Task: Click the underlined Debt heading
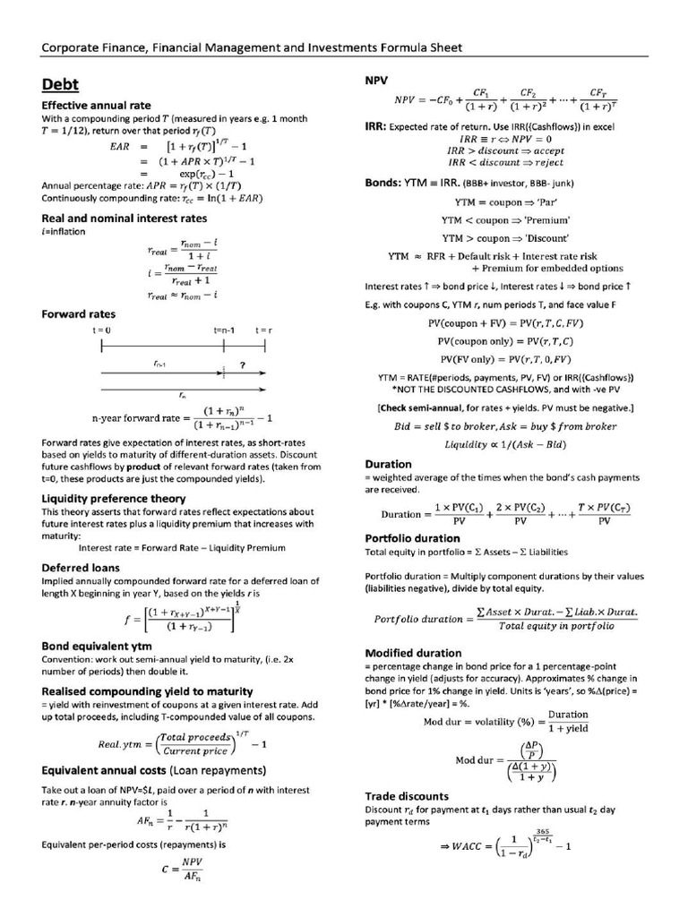point(60,85)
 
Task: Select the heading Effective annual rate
point(96,106)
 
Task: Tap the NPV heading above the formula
point(376,81)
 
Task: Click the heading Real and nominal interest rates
point(125,218)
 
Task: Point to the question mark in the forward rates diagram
point(242,364)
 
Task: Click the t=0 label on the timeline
point(101,330)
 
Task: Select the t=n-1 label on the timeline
point(224,330)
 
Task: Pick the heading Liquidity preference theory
point(114,498)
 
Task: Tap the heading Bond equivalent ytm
point(97,646)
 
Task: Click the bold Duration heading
point(389,464)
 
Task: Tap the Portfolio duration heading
point(413,538)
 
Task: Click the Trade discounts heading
point(407,795)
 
